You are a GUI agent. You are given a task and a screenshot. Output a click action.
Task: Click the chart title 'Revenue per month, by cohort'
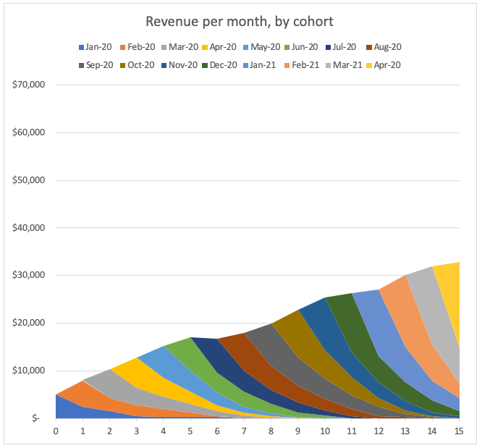click(x=240, y=21)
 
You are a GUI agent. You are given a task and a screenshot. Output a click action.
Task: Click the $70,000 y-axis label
click(x=30, y=85)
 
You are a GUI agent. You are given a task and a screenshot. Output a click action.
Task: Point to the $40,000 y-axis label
click(x=30, y=228)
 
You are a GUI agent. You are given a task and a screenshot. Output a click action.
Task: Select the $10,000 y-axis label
click(x=30, y=371)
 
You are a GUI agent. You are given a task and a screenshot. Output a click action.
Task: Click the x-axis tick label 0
click(x=56, y=432)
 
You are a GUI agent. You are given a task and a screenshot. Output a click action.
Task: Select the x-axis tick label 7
click(x=244, y=432)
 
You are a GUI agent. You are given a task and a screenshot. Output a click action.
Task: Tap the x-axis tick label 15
click(x=459, y=432)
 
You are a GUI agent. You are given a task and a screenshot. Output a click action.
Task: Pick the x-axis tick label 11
click(x=352, y=432)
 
